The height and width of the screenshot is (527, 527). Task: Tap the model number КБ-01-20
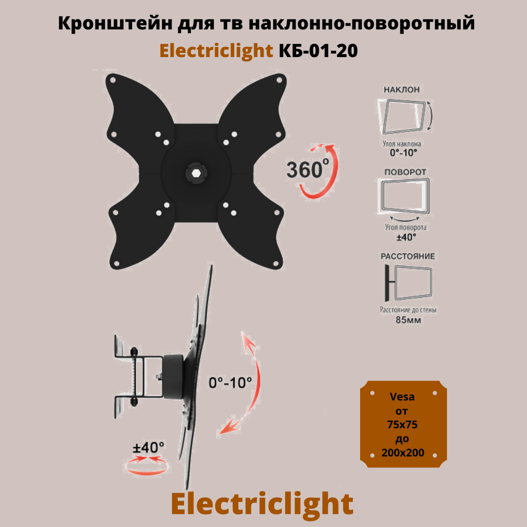pyautogui.click(x=318, y=51)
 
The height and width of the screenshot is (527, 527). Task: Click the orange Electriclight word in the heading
pyautogui.click(x=216, y=51)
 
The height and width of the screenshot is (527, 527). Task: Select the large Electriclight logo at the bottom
pyautogui.click(x=262, y=504)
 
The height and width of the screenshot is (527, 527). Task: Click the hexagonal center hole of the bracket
pyautogui.click(x=196, y=173)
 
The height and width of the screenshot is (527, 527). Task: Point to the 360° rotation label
pyautogui.click(x=307, y=170)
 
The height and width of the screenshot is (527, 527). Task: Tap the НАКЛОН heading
pyautogui.click(x=401, y=90)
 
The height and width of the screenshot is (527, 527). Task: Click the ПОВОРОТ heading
pyautogui.click(x=405, y=172)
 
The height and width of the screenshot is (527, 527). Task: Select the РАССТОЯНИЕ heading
pyautogui.click(x=408, y=256)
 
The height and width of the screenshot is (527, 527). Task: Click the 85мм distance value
pyautogui.click(x=408, y=320)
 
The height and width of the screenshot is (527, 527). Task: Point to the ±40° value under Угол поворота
pyautogui.click(x=406, y=238)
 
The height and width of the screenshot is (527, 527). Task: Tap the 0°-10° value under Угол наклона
pyautogui.click(x=403, y=153)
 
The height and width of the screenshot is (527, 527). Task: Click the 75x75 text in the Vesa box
pyautogui.click(x=402, y=425)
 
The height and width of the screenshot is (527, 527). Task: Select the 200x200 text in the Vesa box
pyautogui.click(x=403, y=453)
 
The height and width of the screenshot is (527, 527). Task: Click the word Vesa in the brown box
pyautogui.click(x=402, y=397)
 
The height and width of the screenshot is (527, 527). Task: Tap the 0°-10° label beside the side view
pyautogui.click(x=230, y=383)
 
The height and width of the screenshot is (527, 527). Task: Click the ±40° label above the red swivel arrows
pyautogui.click(x=148, y=447)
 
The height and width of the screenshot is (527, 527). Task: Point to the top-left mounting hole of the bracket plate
pyautogui.click(x=113, y=80)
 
